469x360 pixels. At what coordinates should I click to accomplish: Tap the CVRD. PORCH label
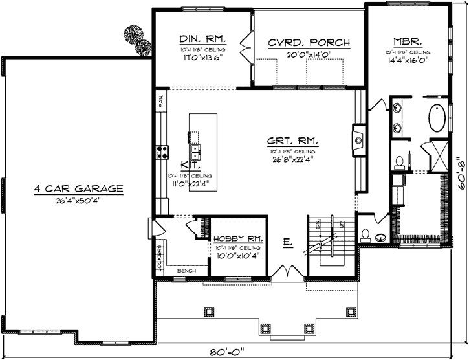309,43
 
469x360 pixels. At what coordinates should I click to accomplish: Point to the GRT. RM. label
293,141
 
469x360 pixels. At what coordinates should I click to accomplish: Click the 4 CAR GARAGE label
80,189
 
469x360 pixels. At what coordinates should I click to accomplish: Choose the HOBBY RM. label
237,238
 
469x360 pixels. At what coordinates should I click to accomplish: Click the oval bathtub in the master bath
437,118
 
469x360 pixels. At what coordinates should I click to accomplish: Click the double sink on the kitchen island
195,153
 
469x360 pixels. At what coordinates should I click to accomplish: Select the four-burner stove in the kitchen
162,153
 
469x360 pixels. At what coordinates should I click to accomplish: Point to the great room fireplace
356,138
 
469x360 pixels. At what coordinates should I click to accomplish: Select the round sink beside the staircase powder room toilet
380,237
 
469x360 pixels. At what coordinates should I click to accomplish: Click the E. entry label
287,243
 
